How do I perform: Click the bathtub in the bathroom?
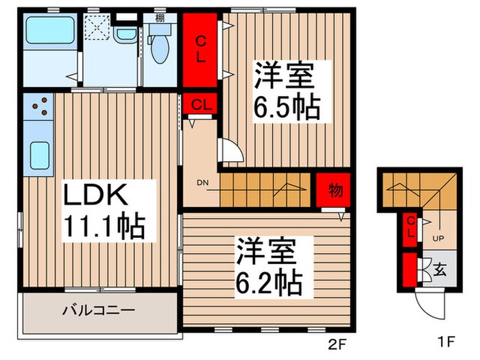51,31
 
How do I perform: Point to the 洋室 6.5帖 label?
287,91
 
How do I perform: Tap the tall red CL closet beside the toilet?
201,49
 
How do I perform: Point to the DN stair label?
203,182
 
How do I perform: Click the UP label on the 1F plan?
437,239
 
